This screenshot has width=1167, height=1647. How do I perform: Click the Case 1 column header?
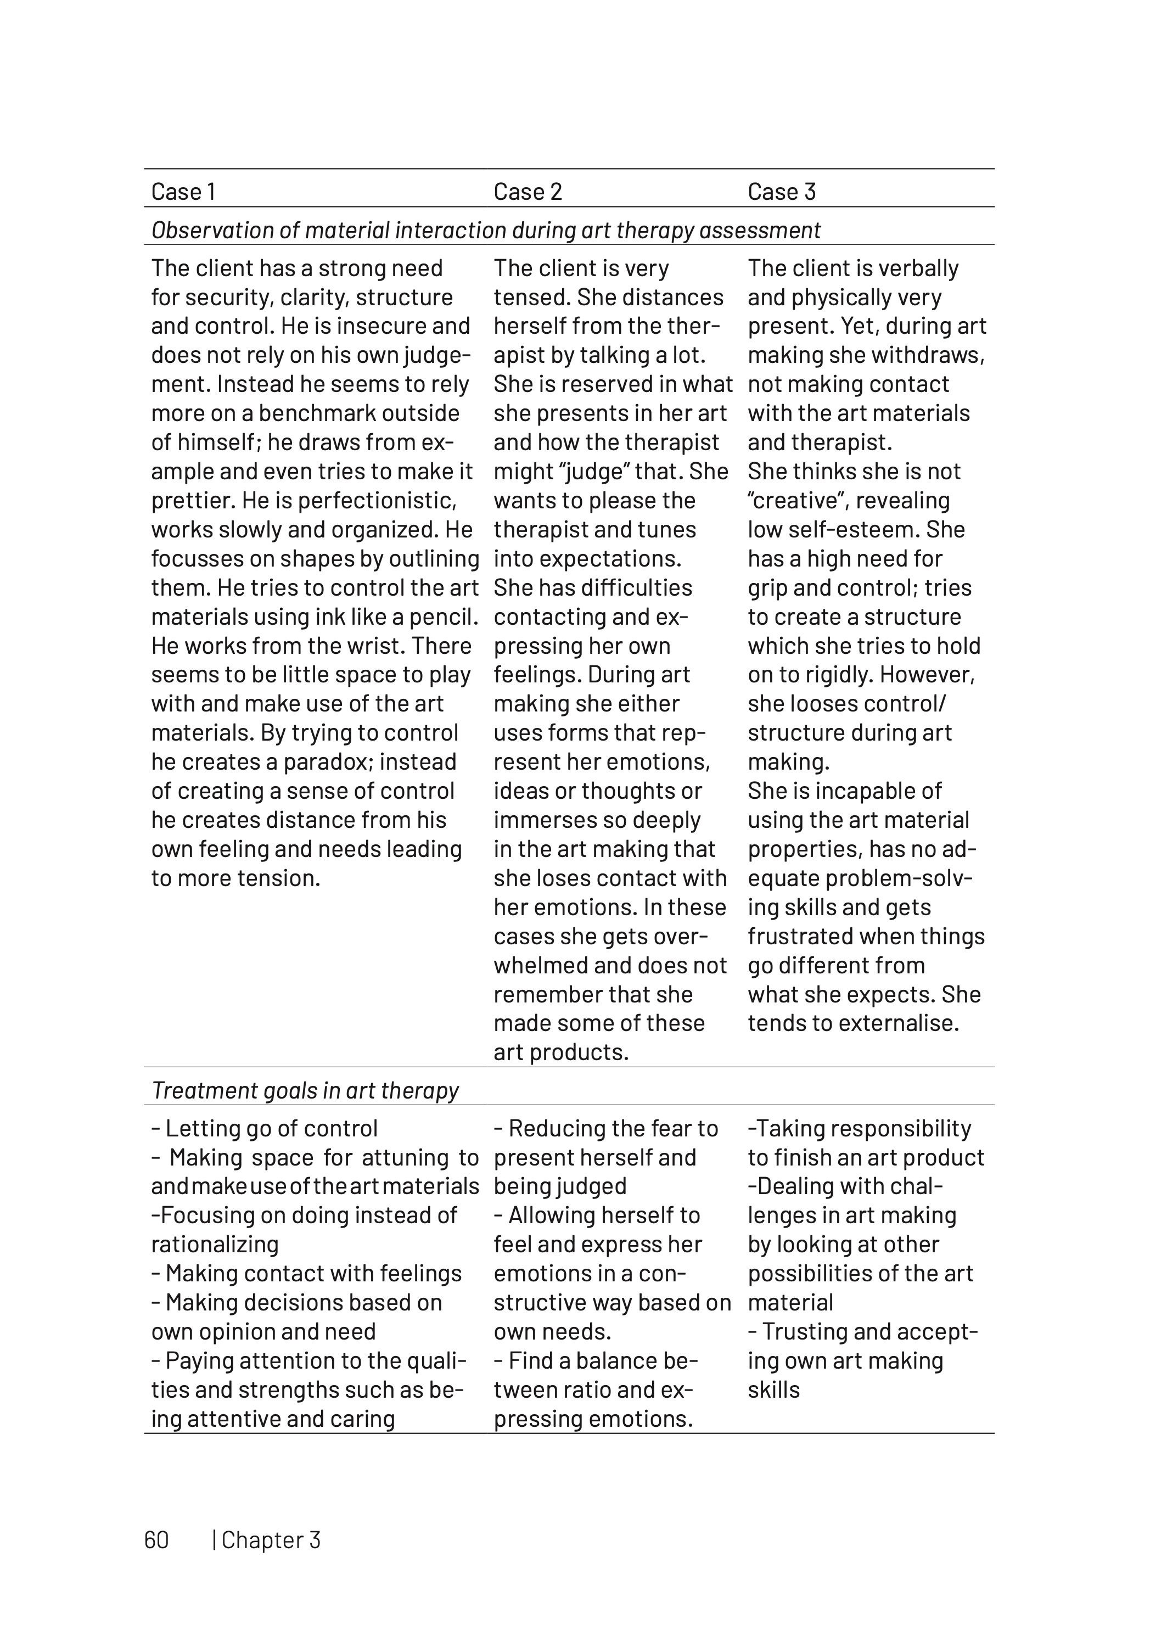183,192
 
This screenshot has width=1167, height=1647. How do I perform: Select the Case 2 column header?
528,192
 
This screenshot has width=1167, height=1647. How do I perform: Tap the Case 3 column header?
781,192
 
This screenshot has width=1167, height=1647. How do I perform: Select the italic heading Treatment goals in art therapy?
305,1090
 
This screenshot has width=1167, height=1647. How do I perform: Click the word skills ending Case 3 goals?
773,1389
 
